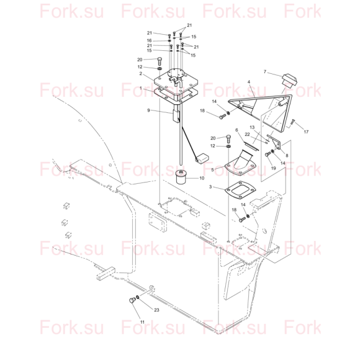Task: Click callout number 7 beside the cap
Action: pos(264,72)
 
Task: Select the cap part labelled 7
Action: pos(289,81)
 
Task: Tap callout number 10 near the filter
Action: pos(202,178)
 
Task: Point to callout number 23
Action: pos(156,310)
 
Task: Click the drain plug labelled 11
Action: pos(132,300)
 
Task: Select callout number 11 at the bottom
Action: pos(142,322)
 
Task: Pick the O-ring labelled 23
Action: pos(138,297)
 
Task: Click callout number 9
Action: pos(148,110)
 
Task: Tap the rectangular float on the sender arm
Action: pos(202,158)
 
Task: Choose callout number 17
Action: pos(306,132)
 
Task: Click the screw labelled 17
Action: pos(292,122)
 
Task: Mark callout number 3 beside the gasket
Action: pos(210,187)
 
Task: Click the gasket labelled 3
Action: pos(240,189)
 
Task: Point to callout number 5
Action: pos(212,170)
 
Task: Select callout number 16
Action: pos(149,40)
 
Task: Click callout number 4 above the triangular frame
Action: pos(249,82)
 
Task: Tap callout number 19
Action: pos(273,168)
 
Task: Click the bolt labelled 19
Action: pos(268,154)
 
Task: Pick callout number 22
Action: pos(247,135)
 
